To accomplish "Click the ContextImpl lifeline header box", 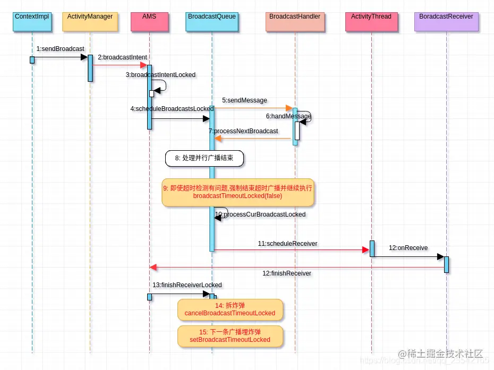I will click(x=32, y=21).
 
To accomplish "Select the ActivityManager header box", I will click(x=90, y=21).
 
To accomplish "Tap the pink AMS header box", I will click(x=150, y=21).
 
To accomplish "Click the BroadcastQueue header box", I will click(x=212, y=21).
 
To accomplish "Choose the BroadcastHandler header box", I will click(x=295, y=21).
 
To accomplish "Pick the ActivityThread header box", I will click(x=371, y=21).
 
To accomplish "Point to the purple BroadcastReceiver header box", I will click(x=446, y=21).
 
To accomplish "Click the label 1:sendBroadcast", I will click(x=60, y=49).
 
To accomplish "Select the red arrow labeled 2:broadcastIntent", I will click(x=120, y=65).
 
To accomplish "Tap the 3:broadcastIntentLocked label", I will click(x=160, y=75).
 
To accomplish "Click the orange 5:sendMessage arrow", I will click(x=250, y=108).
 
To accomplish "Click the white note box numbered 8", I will click(x=205, y=158).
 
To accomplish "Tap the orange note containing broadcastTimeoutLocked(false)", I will click(x=237, y=192).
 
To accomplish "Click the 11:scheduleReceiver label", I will click(x=287, y=244).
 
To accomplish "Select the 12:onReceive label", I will click(x=408, y=248).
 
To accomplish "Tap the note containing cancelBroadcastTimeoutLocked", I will click(x=229, y=309).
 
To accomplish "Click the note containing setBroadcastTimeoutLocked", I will click(x=229, y=336).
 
